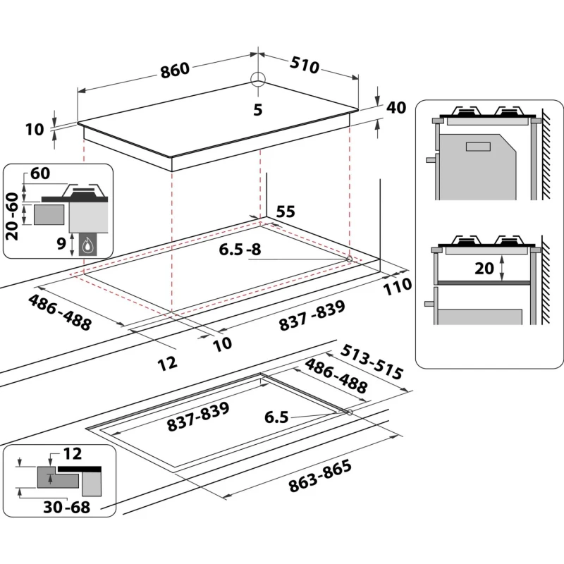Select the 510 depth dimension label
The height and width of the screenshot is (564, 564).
point(304,65)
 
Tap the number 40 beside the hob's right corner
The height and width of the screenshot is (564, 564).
point(397,108)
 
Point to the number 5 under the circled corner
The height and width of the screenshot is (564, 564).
point(258,109)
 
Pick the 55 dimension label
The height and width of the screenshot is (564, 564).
point(285,212)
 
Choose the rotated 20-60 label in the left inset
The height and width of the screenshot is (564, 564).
point(12,216)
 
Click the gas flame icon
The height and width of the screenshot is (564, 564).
point(89,245)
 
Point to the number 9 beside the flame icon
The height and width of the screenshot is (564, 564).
point(61,244)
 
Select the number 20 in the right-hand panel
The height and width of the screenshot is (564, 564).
point(484,268)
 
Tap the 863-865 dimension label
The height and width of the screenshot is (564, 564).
point(319,477)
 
